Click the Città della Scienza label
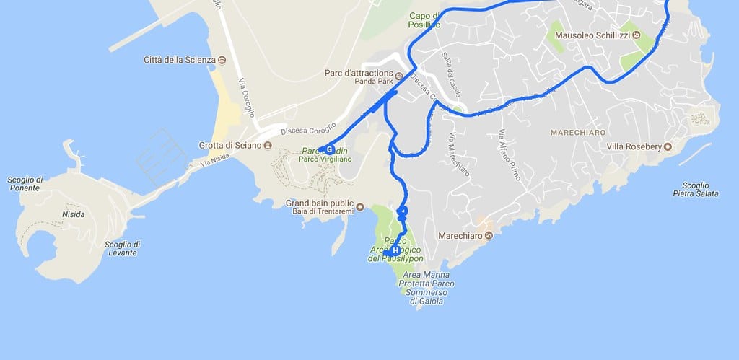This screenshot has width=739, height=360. point(179,59)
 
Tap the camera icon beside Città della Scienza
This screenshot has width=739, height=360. point(222,59)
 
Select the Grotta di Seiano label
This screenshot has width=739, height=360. point(229,145)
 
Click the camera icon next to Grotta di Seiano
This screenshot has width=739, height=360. point(268,145)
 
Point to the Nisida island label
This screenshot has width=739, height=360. point(73,214)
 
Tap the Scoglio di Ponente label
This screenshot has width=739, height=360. point(25,184)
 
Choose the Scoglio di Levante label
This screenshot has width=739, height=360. point(122,248)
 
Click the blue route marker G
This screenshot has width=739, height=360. point(329,149)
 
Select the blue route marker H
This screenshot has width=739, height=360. point(395,250)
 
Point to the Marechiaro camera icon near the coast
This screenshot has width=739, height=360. point(489,236)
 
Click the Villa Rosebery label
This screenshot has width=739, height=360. point(634,147)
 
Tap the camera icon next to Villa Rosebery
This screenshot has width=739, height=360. point(668,147)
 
